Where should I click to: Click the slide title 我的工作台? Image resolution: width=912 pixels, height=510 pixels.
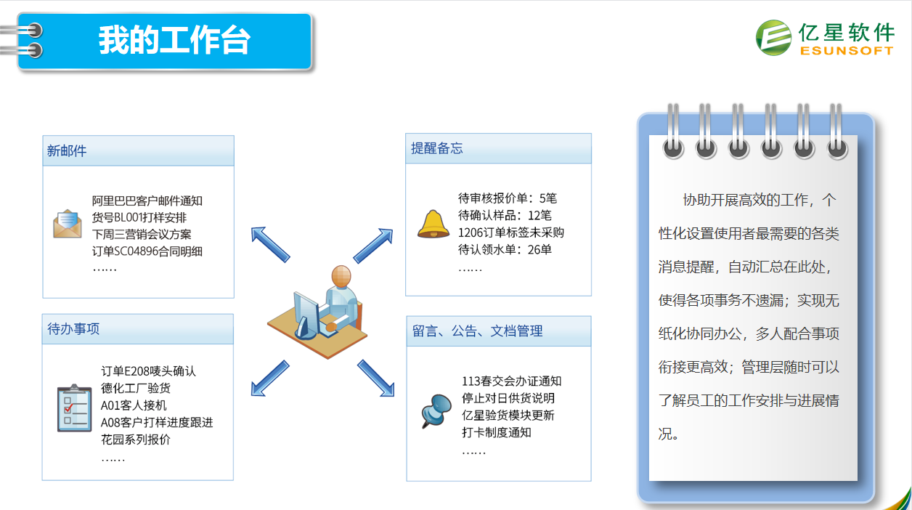click(174, 40)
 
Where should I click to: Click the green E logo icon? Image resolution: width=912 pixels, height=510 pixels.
click(773, 38)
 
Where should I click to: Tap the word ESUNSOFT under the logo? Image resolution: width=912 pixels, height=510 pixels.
click(847, 51)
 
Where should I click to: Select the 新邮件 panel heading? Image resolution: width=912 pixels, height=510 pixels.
click(67, 150)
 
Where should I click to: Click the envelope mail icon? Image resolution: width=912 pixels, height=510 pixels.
click(68, 224)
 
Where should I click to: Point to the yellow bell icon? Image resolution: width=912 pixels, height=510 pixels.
click(433, 224)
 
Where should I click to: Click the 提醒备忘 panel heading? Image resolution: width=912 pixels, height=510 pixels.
click(437, 148)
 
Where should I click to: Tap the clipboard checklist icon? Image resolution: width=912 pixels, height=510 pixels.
click(74, 408)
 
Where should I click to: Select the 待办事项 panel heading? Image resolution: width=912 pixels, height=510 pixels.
click(73, 328)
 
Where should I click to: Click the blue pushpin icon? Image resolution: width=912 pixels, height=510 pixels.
click(436, 410)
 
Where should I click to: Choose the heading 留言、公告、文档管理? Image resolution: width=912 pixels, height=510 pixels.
click(477, 331)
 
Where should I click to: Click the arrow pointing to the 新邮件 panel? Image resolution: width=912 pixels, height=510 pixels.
click(270, 244)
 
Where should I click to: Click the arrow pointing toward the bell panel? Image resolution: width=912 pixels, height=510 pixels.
click(373, 246)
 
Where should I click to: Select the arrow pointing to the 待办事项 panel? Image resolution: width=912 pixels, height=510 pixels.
click(270, 378)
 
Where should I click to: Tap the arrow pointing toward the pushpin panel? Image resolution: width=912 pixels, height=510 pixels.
click(376, 378)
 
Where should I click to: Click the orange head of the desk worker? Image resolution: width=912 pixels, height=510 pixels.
click(341, 276)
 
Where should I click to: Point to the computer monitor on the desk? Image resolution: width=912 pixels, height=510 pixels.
click(306, 315)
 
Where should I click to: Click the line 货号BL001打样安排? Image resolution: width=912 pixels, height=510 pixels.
click(139, 217)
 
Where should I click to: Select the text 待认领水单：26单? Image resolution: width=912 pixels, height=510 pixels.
click(505, 249)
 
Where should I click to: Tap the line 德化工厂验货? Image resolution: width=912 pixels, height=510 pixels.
click(136, 388)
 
